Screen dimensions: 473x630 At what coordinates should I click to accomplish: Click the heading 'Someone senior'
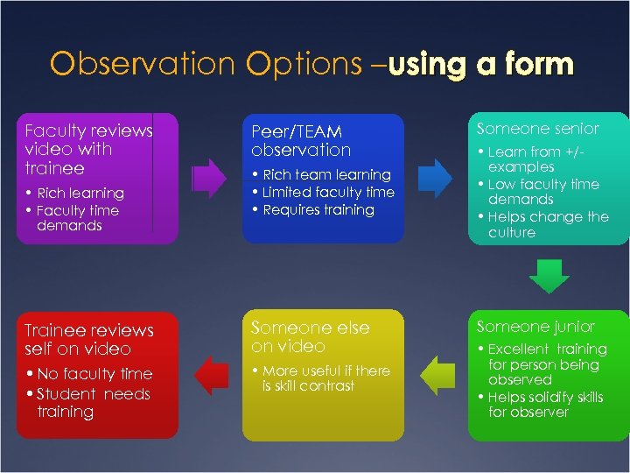[537, 129]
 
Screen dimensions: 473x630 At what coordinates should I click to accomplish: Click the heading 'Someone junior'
[535, 327]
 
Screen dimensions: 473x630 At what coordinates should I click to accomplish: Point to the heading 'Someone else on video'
[310, 336]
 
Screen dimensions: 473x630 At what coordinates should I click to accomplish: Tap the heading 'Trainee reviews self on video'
[88, 340]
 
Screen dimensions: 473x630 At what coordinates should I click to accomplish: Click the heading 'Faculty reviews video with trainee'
[88, 149]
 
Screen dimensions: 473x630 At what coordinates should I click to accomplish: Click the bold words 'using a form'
[480, 64]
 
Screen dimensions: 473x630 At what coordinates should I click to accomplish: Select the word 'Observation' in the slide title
[143, 64]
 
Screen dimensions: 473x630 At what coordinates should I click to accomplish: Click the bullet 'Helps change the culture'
[547, 225]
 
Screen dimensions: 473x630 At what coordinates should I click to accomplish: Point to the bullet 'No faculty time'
[93, 375]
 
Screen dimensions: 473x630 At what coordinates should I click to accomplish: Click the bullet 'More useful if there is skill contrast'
[325, 378]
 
